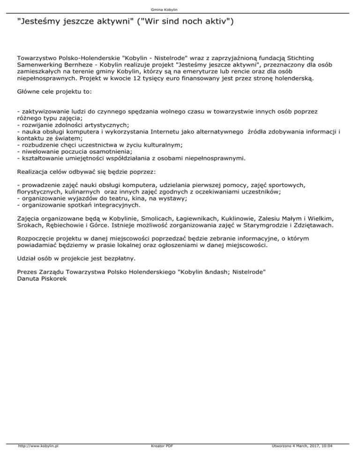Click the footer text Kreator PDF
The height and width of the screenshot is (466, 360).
[x=159, y=459]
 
